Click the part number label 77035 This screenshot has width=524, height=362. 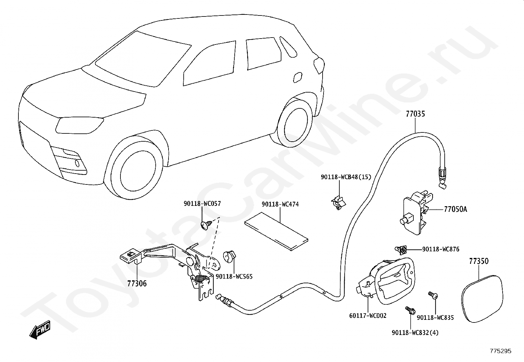(x=415, y=114)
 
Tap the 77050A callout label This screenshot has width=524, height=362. (x=455, y=209)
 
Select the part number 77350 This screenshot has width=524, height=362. (x=479, y=261)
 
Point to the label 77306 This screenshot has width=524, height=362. (x=137, y=284)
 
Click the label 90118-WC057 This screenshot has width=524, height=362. (x=202, y=204)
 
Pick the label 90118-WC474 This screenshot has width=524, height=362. (x=280, y=205)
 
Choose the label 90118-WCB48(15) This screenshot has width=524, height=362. (x=346, y=177)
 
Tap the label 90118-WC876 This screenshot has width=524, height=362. (x=441, y=249)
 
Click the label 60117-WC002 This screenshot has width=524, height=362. (x=368, y=316)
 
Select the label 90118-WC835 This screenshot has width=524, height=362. (x=435, y=318)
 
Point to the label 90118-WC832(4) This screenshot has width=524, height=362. (x=415, y=332)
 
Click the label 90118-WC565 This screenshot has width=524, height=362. (x=234, y=277)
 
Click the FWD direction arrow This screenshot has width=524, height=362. (x=40, y=330)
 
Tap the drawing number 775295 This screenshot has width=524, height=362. (x=501, y=351)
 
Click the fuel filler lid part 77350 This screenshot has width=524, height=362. (x=482, y=299)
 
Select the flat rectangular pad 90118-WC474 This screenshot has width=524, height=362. (x=276, y=232)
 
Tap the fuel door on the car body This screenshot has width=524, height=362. (x=298, y=77)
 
